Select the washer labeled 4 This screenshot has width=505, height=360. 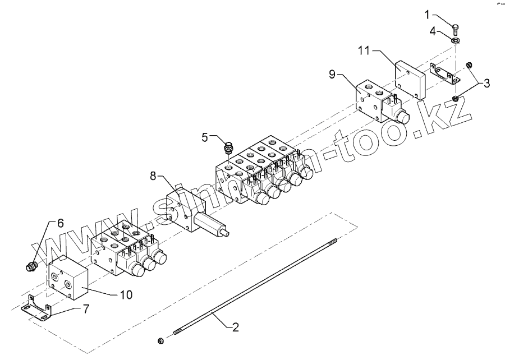point(456,40)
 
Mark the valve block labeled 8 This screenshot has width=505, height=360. point(188,212)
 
